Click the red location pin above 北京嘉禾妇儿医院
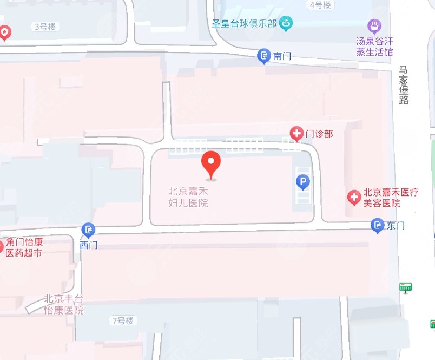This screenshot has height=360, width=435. click(x=211, y=164)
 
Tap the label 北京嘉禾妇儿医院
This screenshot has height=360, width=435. click(x=188, y=197)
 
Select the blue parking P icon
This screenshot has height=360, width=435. click(x=303, y=182)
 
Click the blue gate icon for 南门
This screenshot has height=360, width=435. click(x=263, y=55)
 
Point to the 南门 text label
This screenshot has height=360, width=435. click(x=283, y=56)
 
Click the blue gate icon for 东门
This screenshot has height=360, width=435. click(x=378, y=225)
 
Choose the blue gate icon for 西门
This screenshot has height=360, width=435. click(x=88, y=230)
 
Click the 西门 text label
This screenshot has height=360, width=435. click(x=88, y=245)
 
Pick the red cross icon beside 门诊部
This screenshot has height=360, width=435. click(x=296, y=133)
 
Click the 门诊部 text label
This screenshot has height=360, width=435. click(x=319, y=133)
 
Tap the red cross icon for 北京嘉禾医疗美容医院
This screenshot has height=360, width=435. click(x=354, y=198)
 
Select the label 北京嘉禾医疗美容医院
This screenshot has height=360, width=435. click(x=391, y=198)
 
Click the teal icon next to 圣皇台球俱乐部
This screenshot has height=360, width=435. click(x=286, y=23)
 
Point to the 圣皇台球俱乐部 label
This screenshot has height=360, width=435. click(x=245, y=23)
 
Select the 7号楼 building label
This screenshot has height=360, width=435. click(x=122, y=321)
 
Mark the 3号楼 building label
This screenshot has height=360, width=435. click(x=46, y=27)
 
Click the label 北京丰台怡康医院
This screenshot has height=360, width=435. click(x=64, y=304)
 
